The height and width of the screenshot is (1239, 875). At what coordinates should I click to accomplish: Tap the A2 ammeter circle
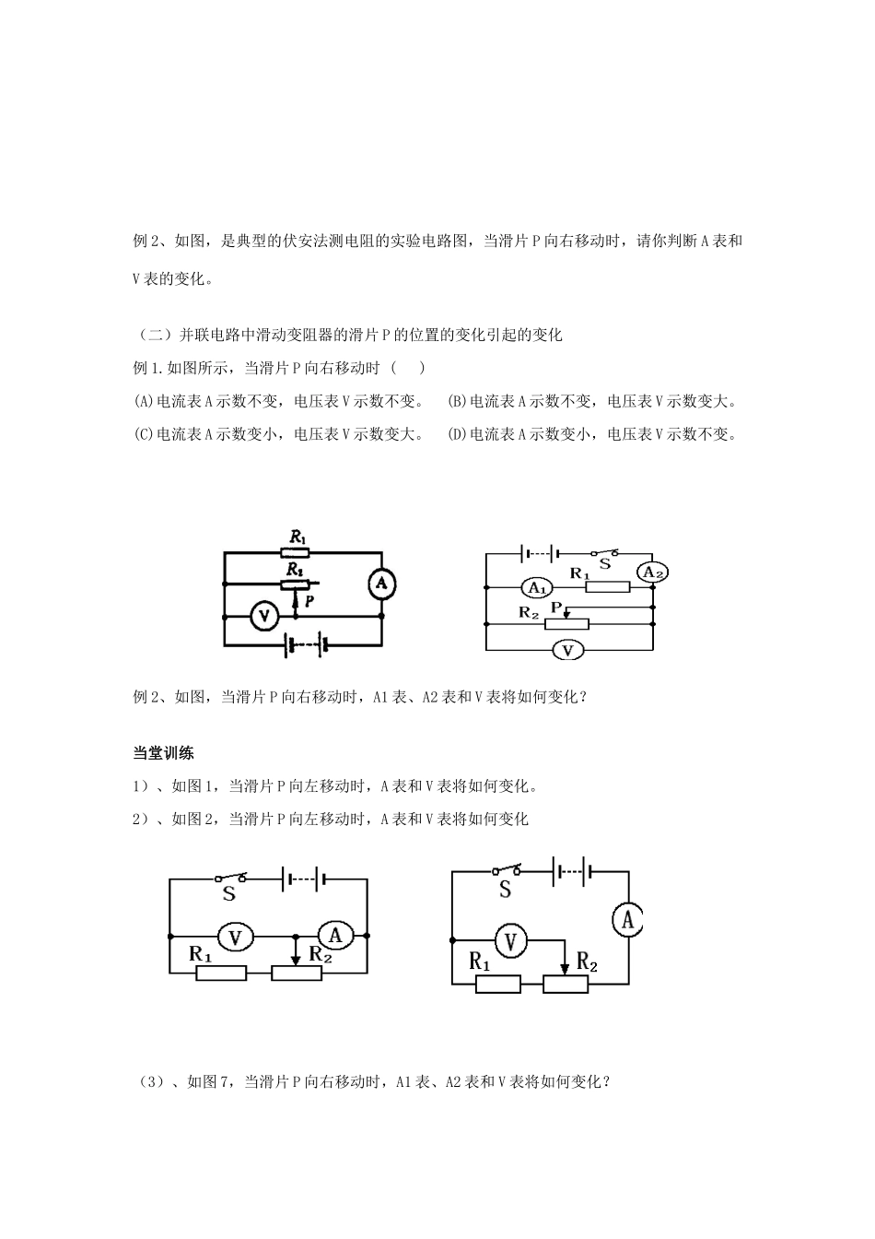(x=653, y=572)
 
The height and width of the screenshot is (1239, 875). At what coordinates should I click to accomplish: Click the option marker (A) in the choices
(x=144, y=401)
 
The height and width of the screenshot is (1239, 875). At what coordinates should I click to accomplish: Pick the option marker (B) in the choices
(x=457, y=401)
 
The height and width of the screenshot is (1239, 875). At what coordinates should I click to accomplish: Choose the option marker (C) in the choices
(x=144, y=433)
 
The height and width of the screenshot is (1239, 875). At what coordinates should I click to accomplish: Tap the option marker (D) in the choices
(x=457, y=433)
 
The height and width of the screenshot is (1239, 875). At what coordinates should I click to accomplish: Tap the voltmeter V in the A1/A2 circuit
(x=568, y=650)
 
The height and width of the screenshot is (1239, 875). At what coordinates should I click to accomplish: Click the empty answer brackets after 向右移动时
(x=408, y=368)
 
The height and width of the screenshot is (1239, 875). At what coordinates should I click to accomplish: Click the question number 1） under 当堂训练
(x=142, y=786)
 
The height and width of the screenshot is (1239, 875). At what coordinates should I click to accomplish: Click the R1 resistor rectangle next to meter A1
(x=608, y=587)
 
